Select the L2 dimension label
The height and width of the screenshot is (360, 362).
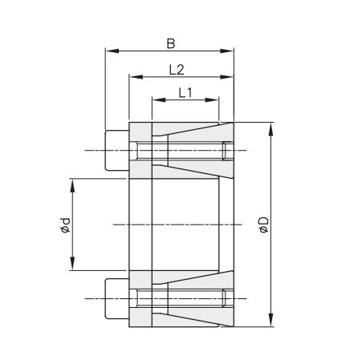pyautogui.click(x=177, y=69)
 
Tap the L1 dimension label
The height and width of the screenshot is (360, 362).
pyautogui.click(x=185, y=91)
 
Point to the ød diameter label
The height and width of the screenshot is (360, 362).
pyautogui.click(x=65, y=225)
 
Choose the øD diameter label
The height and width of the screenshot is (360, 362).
pyautogui.click(x=262, y=225)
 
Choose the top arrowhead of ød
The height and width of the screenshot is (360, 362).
pyautogui.click(x=72, y=184)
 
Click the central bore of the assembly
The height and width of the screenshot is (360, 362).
pyautogui.click(x=185, y=224)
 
